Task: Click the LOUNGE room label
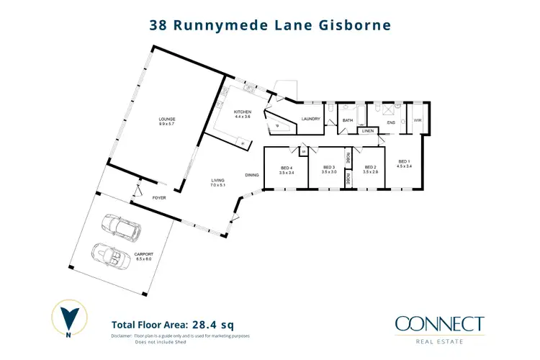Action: (x=168, y=119)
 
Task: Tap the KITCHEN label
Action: (x=243, y=113)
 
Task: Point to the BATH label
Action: (x=347, y=120)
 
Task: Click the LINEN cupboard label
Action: (x=367, y=131)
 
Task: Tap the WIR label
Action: (x=417, y=120)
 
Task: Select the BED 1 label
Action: (x=405, y=161)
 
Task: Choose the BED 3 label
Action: (x=330, y=170)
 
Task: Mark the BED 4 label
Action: (x=287, y=170)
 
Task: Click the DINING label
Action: (x=251, y=175)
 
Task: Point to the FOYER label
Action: (x=158, y=196)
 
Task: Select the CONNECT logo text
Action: (x=439, y=324)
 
